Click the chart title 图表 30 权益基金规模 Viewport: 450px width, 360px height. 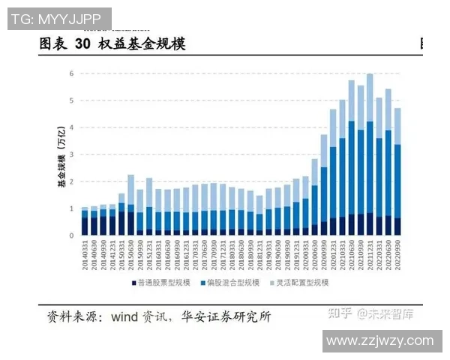[x=112, y=44]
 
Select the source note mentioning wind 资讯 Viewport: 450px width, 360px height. [x=159, y=316]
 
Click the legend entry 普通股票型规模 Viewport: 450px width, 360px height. [x=165, y=283]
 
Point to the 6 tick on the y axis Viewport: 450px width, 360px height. [x=71, y=73]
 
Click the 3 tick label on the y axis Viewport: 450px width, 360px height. [x=71, y=154]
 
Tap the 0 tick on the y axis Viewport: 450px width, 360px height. [x=71, y=235]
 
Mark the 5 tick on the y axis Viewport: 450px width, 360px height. [x=71, y=100]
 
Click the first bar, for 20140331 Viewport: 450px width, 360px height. [x=85, y=221]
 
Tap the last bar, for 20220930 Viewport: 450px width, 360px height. [x=397, y=172]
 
